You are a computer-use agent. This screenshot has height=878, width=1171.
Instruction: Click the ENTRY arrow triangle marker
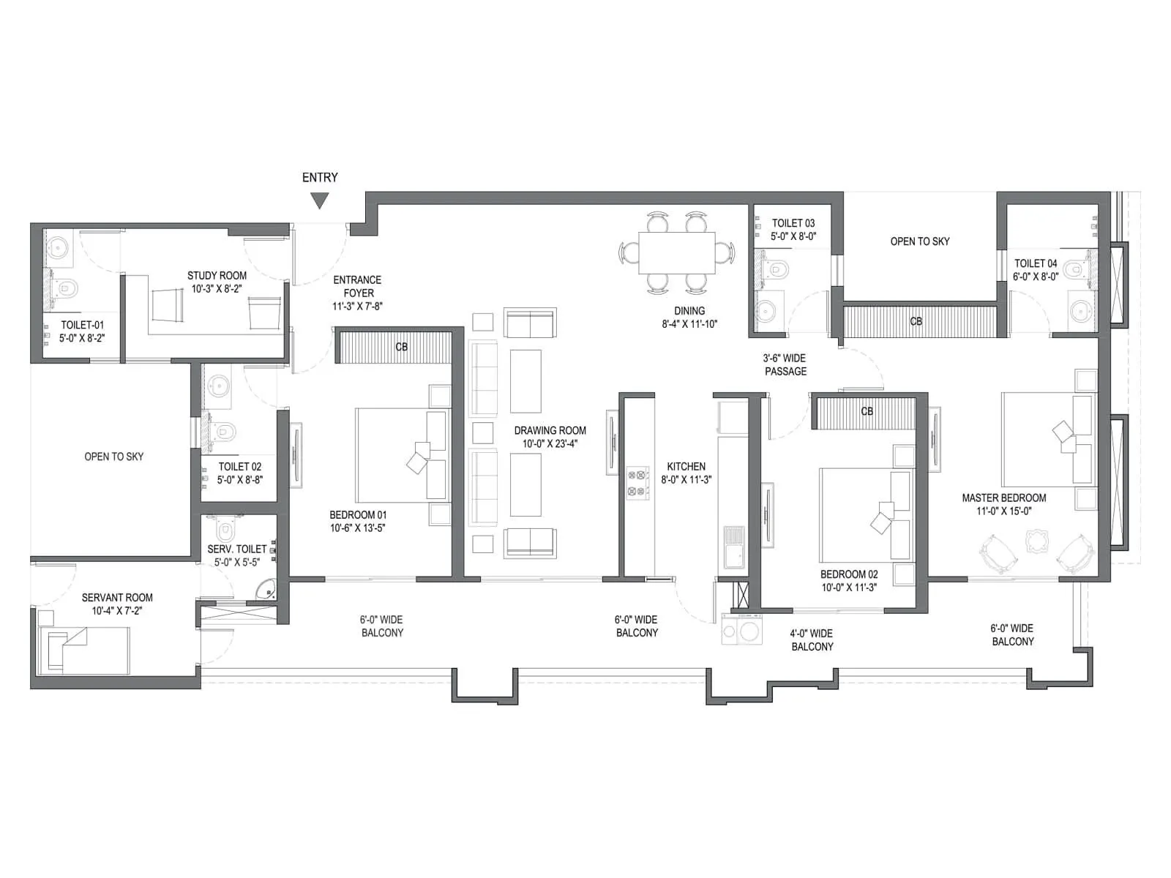pyautogui.click(x=319, y=200)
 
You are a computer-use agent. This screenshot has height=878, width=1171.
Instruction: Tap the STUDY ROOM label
pyautogui.click(x=217, y=276)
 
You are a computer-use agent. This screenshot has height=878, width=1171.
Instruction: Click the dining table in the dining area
pyautogui.click(x=676, y=253)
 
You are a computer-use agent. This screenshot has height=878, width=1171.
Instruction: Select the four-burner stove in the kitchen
pyautogui.click(x=637, y=483)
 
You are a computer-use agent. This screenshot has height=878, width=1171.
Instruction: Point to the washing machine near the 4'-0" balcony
pyautogui.click(x=742, y=629)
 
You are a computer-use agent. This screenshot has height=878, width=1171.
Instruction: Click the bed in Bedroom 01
pyautogui.click(x=401, y=455)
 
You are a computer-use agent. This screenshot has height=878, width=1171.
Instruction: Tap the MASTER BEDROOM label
pyautogui.click(x=1003, y=498)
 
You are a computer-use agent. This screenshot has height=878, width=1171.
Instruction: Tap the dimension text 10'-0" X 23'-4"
pyautogui.click(x=550, y=443)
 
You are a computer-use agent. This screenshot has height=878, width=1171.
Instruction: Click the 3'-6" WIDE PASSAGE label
pyautogui.click(x=785, y=364)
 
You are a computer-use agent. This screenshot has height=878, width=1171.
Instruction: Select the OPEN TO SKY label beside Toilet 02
pyautogui.click(x=113, y=457)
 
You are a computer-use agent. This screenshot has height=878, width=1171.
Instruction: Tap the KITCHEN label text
pyautogui.click(x=686, y=466)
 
